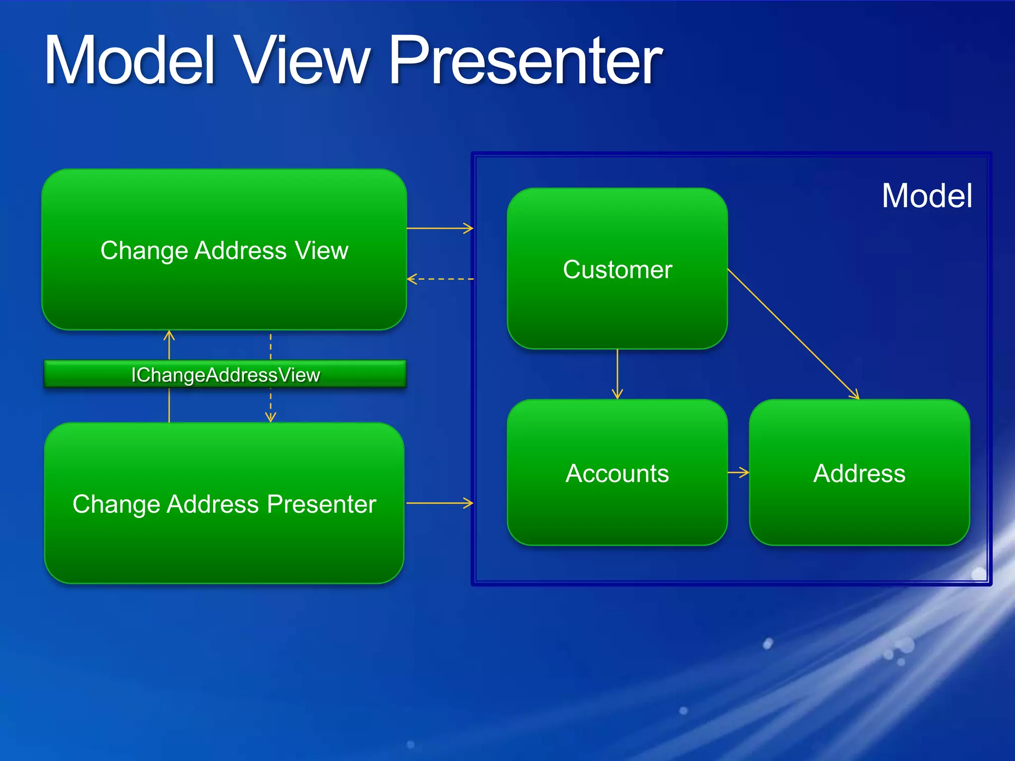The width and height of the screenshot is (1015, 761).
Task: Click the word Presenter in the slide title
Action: [x=525, y=62]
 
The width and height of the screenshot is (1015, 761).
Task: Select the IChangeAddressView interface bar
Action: [x=225, y=375]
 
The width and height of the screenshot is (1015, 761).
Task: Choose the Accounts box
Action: [x=617, y=510]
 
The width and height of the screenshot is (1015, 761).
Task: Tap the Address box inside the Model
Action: [x=859, y=510]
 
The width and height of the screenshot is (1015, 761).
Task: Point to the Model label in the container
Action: [x=927, y=196]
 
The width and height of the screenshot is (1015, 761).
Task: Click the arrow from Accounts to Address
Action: [x=738, y=473]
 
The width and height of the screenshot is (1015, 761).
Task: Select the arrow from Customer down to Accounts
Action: [x=617, y=374]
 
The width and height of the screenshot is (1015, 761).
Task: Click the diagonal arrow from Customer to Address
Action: [x=793, y=333]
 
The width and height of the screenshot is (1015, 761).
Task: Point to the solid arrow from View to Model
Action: [x=440, y=228]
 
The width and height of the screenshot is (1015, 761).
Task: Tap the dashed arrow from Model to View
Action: [x=440, y=279]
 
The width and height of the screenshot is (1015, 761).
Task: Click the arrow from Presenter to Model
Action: [x=440, y=503]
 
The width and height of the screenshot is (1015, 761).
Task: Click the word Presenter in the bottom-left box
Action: [x=321, y=504]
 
